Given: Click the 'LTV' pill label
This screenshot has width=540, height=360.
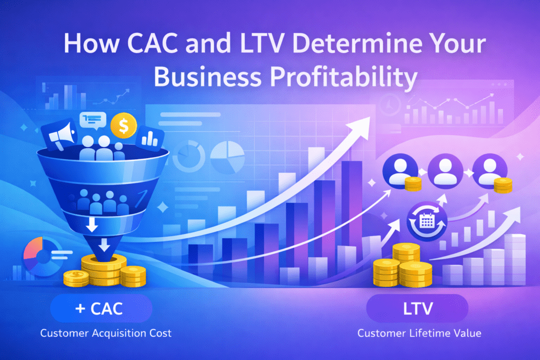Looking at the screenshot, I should pyautogui.click(x=417, y=309).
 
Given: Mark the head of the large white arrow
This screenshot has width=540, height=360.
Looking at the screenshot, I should pyautogui.click(x=366, y=122).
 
